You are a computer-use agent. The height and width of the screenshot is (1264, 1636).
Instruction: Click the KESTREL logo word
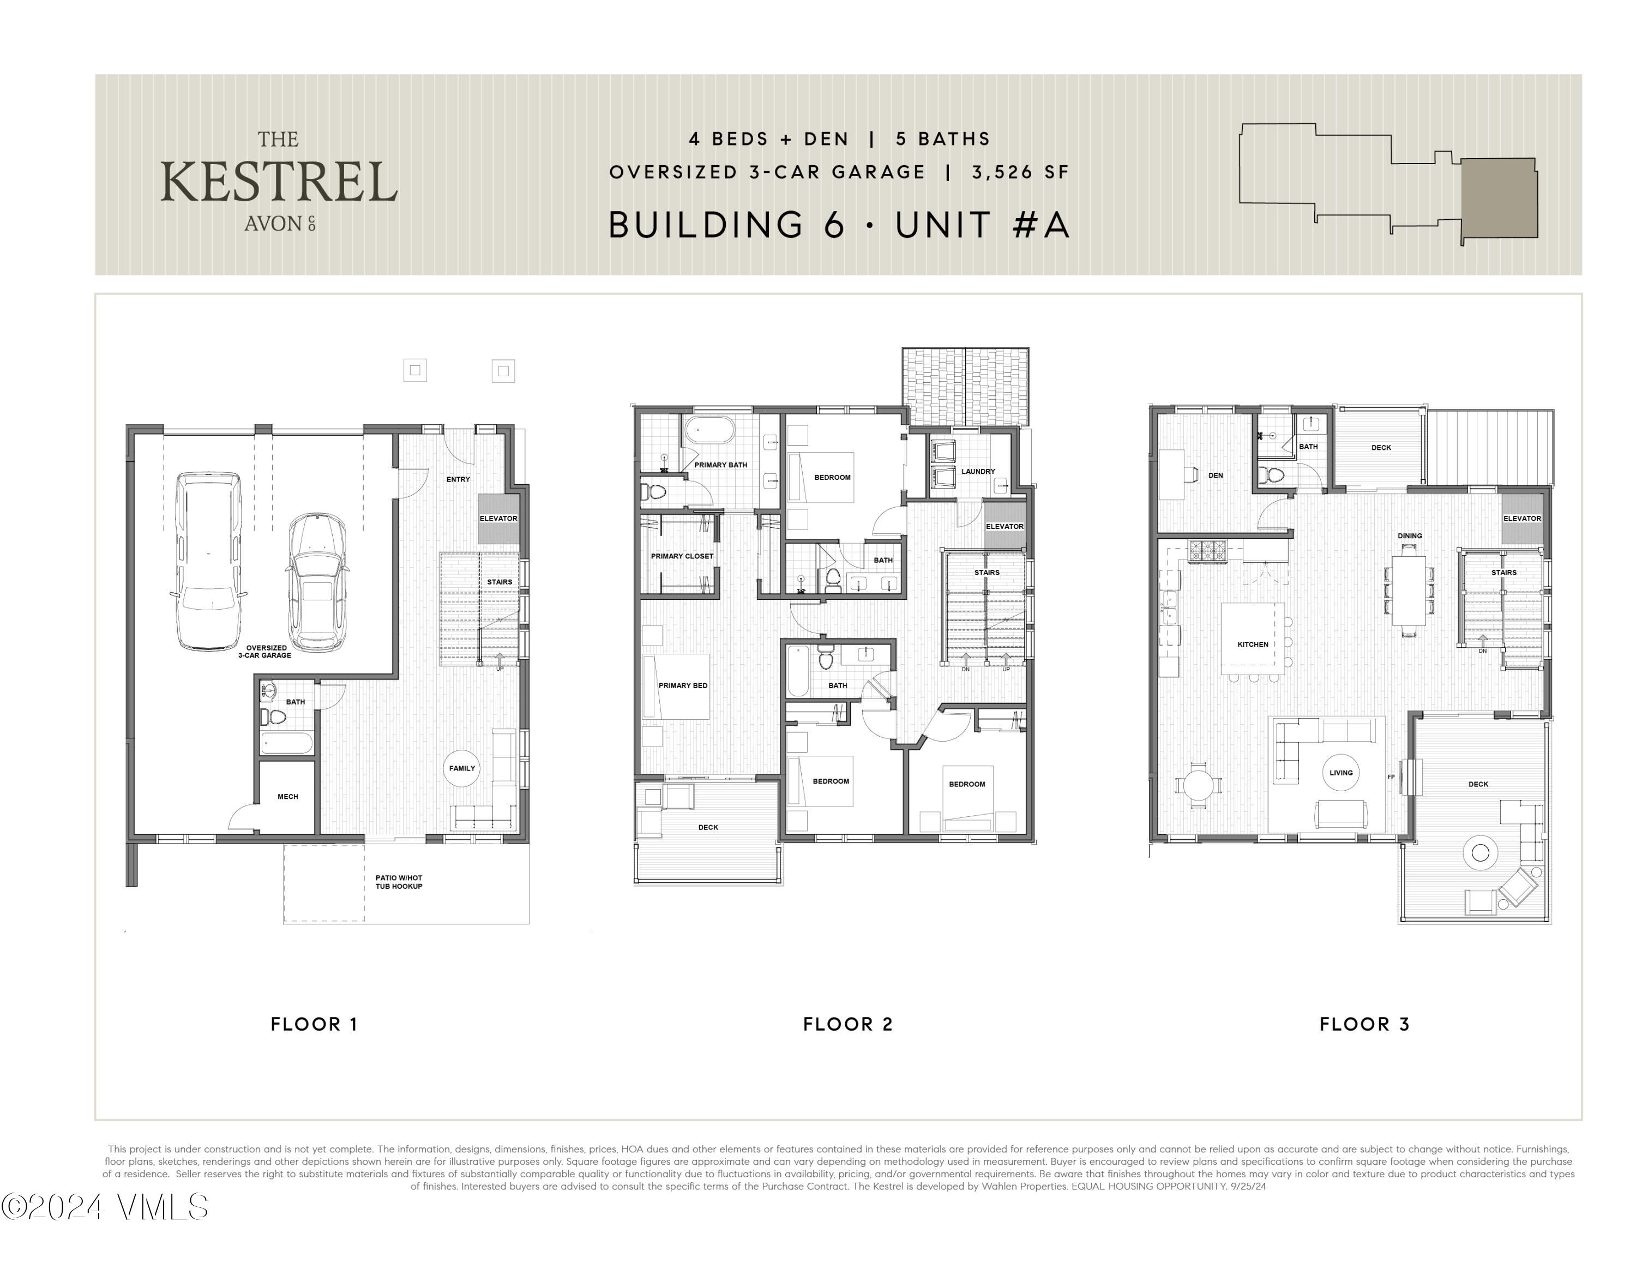tap(278, 183)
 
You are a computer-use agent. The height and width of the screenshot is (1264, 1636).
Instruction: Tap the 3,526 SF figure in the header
tap(1020, 172)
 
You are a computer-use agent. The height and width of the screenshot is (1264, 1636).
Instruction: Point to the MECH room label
tap(287, 797)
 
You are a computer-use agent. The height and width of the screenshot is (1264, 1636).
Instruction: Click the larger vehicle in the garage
tap(208, 562)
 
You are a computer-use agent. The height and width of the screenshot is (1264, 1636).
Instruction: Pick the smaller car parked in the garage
tap(317, 582)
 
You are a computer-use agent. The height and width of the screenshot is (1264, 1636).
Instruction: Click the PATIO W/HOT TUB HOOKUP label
tap(399, 882)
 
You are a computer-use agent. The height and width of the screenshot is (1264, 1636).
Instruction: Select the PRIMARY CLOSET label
tap(682, 556)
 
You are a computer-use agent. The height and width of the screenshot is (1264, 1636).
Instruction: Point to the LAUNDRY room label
tap(978, 472)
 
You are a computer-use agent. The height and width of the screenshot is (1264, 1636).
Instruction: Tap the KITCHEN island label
tap(1253, 644)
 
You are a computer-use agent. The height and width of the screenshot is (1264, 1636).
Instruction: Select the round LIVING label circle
tap(1341, 773)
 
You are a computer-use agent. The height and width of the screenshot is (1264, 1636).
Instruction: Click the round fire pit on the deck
tap(1480, 852)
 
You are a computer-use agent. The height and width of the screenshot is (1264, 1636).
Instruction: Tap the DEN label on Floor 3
tap(1215, 475)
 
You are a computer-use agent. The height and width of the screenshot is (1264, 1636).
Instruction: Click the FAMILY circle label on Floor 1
tap(462, 768)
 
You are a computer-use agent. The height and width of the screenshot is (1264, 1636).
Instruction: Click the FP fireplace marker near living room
tap(1392, 777)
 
